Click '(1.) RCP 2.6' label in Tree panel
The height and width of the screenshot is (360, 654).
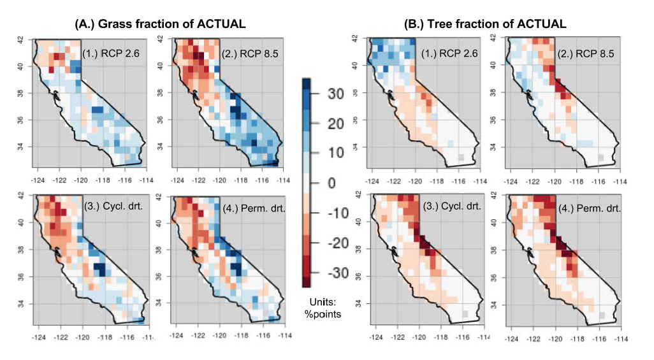[449, 53]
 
